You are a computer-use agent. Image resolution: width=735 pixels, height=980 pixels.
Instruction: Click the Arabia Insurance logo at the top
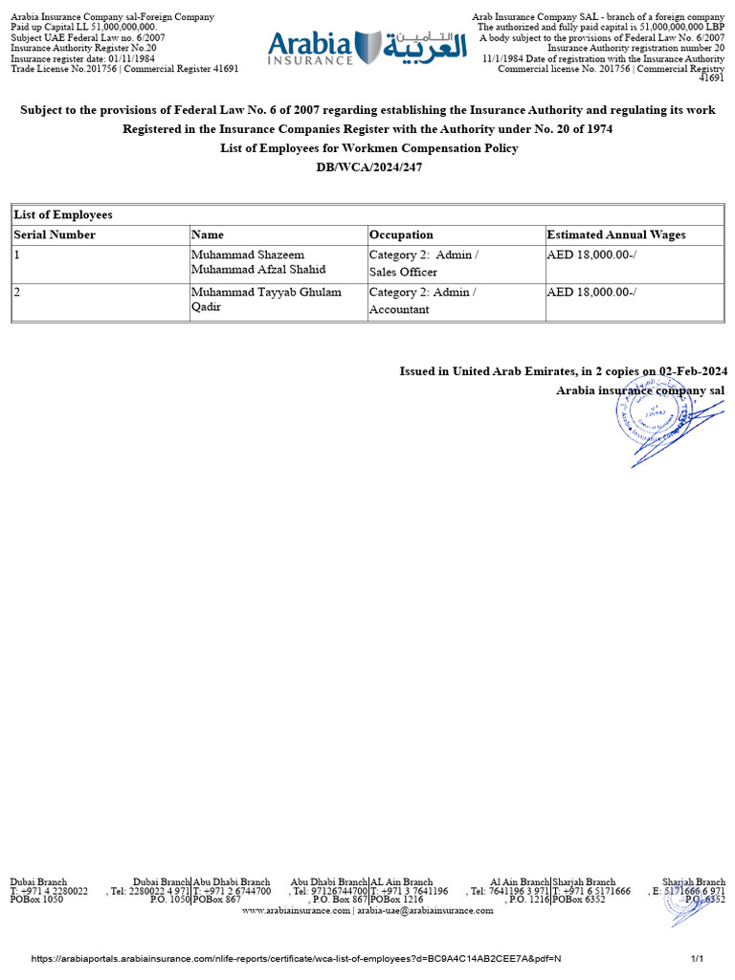point(367,46)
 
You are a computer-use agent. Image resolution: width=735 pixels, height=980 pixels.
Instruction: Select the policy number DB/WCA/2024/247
point(367,167)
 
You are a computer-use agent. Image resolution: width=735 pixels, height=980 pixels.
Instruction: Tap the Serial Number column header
point(55,234)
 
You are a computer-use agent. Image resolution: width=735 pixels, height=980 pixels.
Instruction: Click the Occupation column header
point(401,234)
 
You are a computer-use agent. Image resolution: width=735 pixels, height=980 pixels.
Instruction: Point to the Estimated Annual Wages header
point(615,234)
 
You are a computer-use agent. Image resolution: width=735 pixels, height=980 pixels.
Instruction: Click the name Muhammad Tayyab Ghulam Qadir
point(266,301)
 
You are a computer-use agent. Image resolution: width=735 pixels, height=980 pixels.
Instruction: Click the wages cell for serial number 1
point(591,255)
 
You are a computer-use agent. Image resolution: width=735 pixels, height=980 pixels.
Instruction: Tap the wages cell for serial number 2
point(591,292)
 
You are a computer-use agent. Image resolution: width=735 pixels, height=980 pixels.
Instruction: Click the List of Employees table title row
point(63,215)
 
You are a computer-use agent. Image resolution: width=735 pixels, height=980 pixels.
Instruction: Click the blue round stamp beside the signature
point(653,417)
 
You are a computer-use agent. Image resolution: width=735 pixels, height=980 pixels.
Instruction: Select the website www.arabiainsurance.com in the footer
point(297,911)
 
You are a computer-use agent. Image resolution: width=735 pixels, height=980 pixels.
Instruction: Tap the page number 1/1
point(697,959)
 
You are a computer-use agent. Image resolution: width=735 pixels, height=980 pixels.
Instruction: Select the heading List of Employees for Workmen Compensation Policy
point(367,148)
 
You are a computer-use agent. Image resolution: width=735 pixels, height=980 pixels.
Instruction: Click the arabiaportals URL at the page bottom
point(297,959)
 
